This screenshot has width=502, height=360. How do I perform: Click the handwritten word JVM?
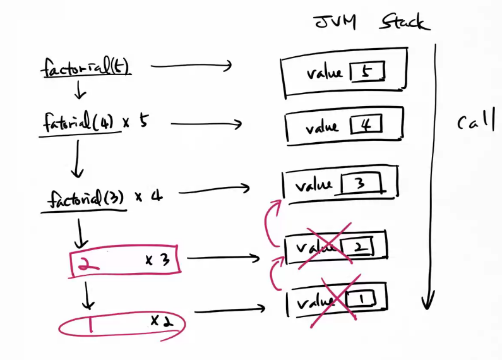(x=335, y=23)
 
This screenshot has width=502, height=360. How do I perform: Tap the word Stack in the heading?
(x=403, y=23)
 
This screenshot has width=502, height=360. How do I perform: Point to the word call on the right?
(x=475, y=122)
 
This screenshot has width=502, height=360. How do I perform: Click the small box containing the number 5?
(x=367, y=73)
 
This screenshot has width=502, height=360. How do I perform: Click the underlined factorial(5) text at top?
(x=86, y=66)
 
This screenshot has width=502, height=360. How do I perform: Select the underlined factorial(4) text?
(x=78, y=122)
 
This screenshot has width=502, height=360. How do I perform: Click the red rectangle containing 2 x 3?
(x=126, y=261)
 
